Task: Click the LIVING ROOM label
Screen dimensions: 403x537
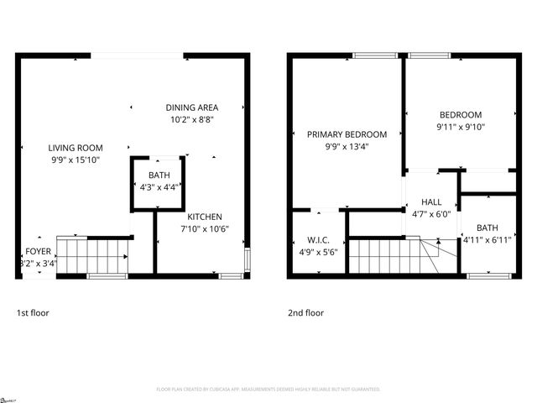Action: pos(75,147)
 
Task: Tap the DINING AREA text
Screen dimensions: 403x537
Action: pos(192,107)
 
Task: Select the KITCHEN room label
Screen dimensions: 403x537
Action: pos(204,217)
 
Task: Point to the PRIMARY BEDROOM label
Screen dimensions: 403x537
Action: pos(347,134)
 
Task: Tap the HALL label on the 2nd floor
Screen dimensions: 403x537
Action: pos(431,201)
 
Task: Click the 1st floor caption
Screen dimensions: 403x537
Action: pos(33,313)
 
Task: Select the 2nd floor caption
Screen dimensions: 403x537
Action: pos(305,313)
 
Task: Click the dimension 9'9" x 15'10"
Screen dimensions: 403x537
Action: pos(75,159)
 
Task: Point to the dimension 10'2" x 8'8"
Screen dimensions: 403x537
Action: pos(192,119)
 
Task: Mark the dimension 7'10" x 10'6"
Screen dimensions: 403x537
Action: pos(204,228)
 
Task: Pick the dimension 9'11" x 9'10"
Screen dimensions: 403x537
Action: pos(461,127)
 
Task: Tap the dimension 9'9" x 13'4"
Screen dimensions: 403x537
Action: pos(347,146)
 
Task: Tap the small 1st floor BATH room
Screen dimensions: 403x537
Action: pos(159,181)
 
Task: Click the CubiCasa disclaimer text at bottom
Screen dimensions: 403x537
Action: pos(268,390)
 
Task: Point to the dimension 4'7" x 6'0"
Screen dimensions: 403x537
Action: pos(431,213)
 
